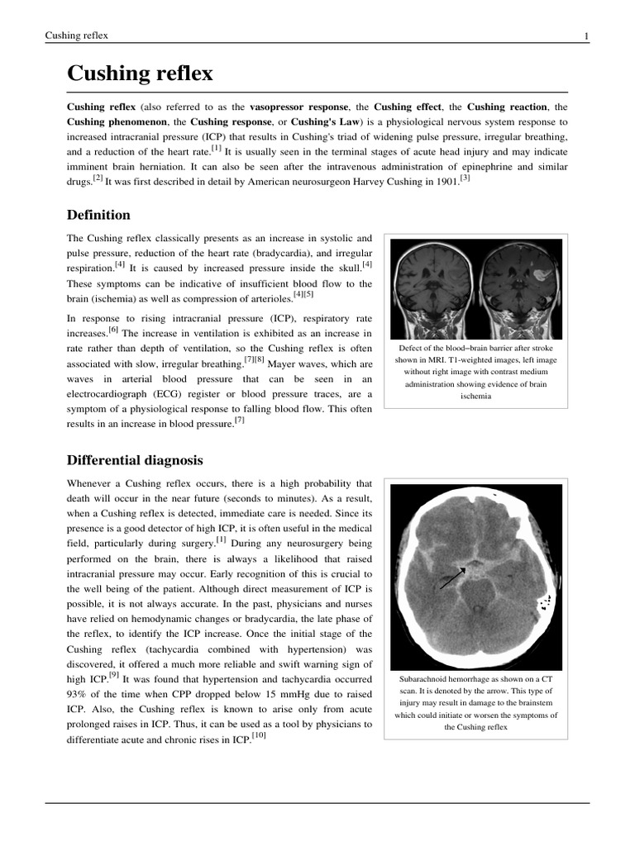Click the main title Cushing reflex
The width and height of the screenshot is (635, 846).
tap(140, 74)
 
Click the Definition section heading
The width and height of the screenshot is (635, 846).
tap(98, 215)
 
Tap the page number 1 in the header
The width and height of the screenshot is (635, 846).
tap(586, 36)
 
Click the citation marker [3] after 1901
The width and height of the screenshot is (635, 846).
tap(465, 178)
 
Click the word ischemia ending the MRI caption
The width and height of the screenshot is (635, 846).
tap(476, 396)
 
